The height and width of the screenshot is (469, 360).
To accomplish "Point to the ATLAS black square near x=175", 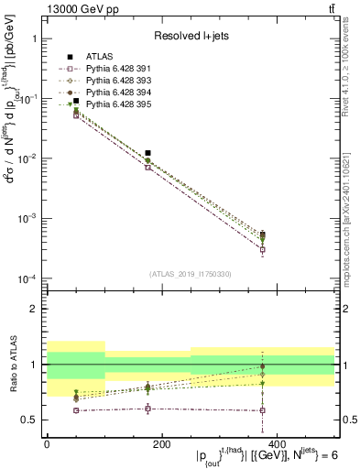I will coord(147,153).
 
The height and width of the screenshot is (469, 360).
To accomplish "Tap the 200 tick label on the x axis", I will coord(161,443).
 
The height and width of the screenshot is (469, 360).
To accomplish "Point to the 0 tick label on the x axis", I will coord(47,443).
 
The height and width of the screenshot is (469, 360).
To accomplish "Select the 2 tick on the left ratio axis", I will coord(34,309).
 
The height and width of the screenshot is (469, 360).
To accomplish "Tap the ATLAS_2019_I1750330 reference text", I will coord(190,272).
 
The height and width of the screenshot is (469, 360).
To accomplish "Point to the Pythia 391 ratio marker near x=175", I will coord(147,409).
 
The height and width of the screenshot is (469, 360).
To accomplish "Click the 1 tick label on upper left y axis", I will coord(34,39).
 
